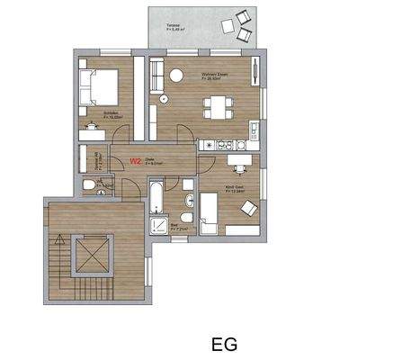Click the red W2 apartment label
click(136, 162)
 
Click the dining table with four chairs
click(216, 103)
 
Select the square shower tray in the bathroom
click(158, 225)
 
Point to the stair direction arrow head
click(59, 238)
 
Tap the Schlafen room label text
click(112, 114)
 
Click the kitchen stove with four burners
click(216, 143)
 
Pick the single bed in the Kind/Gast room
click(212, 213)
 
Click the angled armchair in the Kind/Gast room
click(246, 208)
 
